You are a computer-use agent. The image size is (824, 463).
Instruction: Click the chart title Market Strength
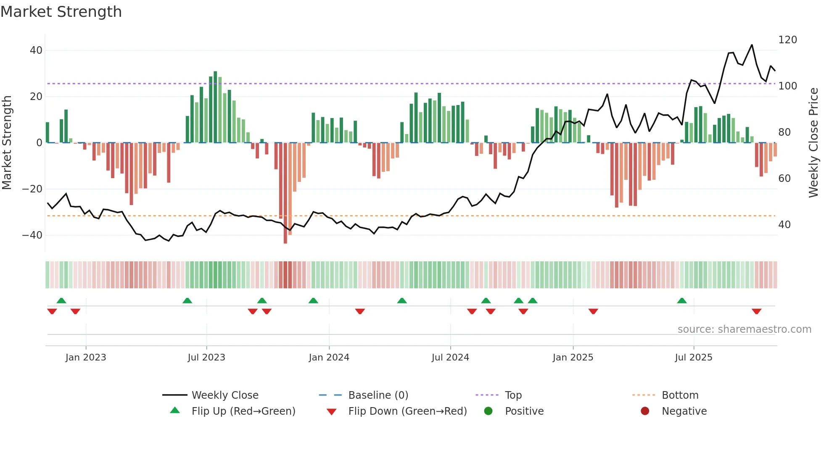click(61, 12)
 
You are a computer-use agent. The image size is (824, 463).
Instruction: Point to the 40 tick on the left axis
click(36, 50)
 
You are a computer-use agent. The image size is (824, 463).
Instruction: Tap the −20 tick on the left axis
click(32, 189)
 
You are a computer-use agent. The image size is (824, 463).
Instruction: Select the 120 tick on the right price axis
click(787, 40)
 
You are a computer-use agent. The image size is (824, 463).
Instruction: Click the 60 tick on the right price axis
click(784, 179)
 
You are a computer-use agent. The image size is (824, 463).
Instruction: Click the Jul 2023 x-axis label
click(206, 358)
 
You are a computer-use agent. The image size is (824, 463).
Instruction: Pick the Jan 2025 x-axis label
click(573, 358)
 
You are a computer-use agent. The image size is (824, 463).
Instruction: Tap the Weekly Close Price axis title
click(813, 143)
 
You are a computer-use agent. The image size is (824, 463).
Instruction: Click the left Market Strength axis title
click(7, 143)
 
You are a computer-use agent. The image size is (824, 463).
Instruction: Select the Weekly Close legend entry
click(225, 395)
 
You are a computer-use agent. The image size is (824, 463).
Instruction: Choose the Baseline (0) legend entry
click(378, 395)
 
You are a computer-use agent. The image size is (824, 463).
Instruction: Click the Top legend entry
click(513, 395)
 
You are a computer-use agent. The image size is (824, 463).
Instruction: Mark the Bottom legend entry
click(680, 395)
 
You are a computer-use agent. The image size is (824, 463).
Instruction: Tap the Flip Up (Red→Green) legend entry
click(243, 411)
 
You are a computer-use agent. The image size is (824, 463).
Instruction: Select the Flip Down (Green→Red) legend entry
click(407, 411)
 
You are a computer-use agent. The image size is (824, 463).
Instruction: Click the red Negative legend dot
click(645, 411)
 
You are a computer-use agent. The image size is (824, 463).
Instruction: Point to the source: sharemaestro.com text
click(744, 329)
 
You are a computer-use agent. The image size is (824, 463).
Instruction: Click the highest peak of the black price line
click(752, 45)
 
